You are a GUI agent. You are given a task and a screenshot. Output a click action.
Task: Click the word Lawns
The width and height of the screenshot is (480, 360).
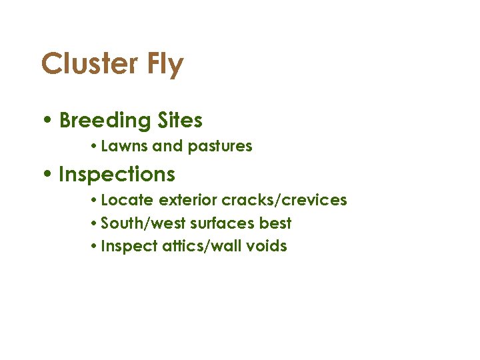click(125, 146)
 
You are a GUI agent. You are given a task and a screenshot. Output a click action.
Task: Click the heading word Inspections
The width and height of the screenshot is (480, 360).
click(117, 175)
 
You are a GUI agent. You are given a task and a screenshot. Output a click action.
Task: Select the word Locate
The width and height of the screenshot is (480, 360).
click(128, 200)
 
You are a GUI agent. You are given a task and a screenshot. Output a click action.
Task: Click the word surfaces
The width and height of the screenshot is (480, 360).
click(222, 223)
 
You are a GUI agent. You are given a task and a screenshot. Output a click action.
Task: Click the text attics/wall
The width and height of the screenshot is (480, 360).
click(194, 246)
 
